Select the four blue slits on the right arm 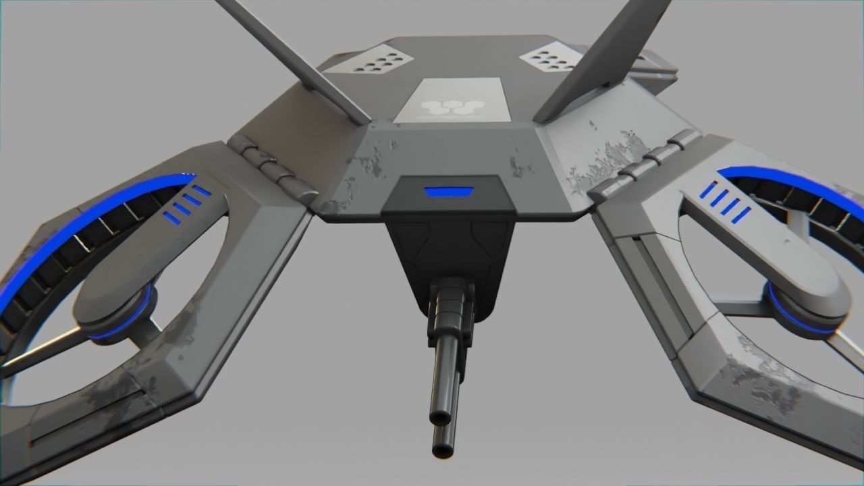(724, 202)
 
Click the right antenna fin (607, 57)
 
